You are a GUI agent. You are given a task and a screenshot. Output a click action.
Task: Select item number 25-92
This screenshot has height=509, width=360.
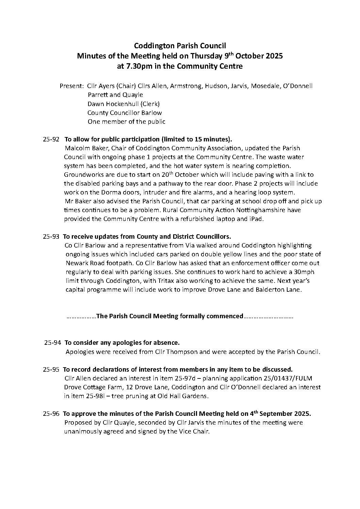point(51,139)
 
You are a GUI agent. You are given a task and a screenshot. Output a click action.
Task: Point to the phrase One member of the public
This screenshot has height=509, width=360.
point(126,121)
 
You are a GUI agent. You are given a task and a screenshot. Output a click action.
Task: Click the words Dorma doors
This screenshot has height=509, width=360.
point(107,192)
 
